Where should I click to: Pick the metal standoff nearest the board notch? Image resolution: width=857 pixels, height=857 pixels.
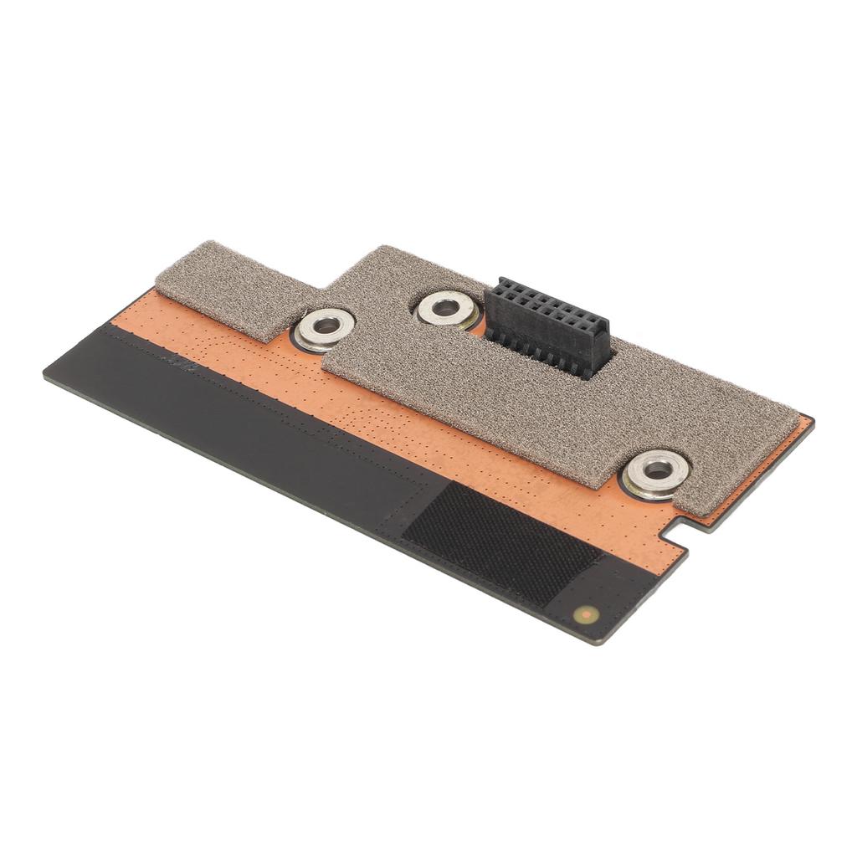pyautogui.click(x=655, y=474)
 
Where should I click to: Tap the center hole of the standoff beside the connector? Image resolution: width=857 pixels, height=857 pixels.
pyautogui.click(x=446, y=306)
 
